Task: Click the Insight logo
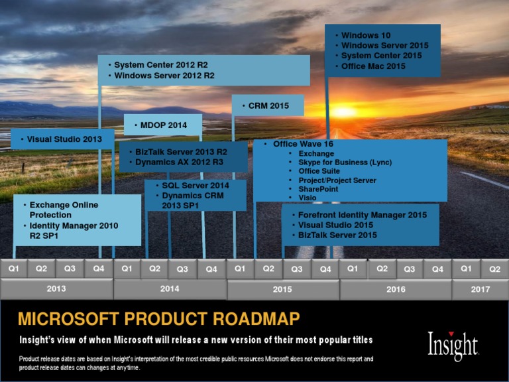pyautogui.click(x=453, y=345)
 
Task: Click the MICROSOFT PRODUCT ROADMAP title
pyautogui.click(x=158, y=319)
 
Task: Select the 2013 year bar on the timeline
pyautogui.click(x=56, y=289)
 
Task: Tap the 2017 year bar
pyautogui.click(x=480, y=289)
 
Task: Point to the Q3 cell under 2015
pyautogui.click(x=297, y=269)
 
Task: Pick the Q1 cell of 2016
pyautogui.click(x=353, y=269)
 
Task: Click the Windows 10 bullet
pyautogui.click(x=366, y=35)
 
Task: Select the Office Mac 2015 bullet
pyautogui.click(x=373, y=66)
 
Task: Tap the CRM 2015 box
pyautogui.click(x=268, y=105)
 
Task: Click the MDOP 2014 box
pyautogui.click(x=163, y=125)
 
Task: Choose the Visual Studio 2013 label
pyautogui.click(x=64, y=139)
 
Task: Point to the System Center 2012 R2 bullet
pyautogui.click(x=161, y=65)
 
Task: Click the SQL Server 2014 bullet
pyautogui.click(x=196, y=186)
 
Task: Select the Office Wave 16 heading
pyautogui.click(x=302, y=144)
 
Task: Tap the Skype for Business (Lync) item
pyautogui.click(x=345, y=162)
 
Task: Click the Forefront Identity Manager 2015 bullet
pyautogui.click(x=362, y=215)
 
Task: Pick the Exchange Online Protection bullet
pyautogui.click(x=64, y=210)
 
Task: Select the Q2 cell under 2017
pyautogui.click(x=494, y=269)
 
